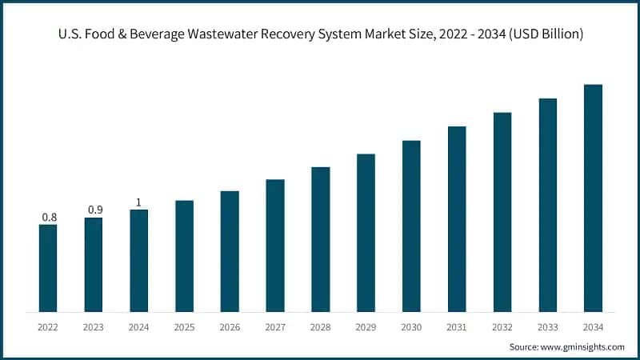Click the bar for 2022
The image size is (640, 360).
[48, 268]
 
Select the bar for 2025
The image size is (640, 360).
[184, 256]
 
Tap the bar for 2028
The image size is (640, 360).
[321, 239]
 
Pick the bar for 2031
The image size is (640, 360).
[457, 219]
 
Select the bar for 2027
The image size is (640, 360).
[275, 246]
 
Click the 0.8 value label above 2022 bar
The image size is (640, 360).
[48, 217]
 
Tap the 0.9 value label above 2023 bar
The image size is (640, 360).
[94, 210]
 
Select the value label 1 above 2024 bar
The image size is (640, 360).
[138, 202]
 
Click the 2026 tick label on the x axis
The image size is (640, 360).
[230, 326]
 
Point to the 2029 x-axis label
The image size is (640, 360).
[366, 326]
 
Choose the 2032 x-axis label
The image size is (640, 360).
[502, 326]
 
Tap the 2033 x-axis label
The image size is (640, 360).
[547, 326]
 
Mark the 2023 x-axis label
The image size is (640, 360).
[94, 326]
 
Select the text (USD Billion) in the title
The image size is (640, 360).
[538, 34]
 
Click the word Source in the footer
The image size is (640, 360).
[524, 346]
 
